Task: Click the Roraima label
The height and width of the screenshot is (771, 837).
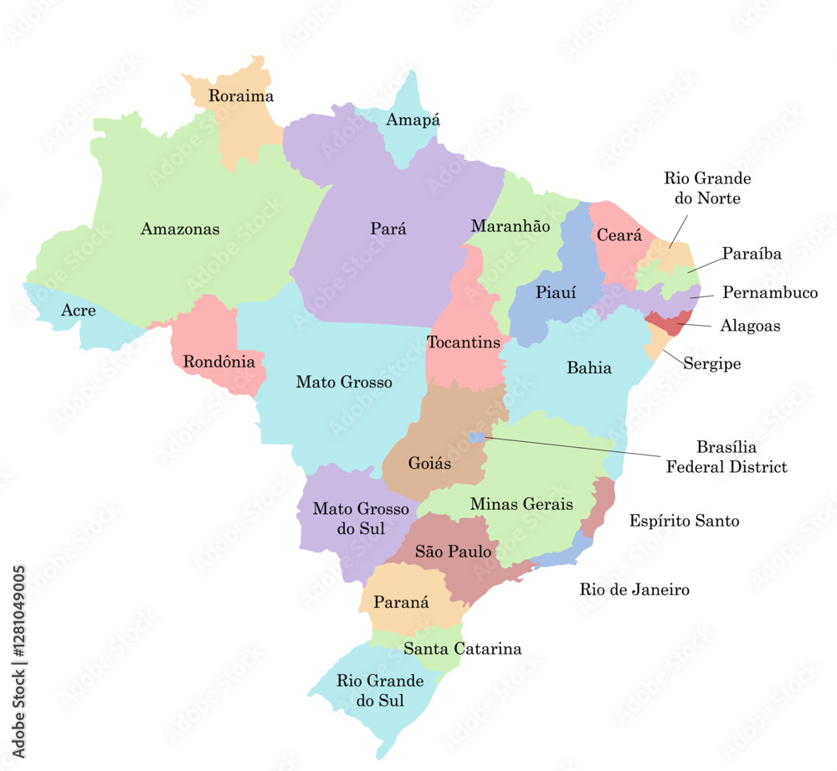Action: (x=241, y=96)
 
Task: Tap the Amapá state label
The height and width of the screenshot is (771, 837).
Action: (x=413, y=121)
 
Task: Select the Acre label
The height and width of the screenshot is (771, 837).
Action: (x=79, y=311)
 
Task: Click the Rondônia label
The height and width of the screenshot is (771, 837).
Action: (x=218, y=362)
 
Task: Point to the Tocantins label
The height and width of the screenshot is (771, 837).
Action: (x=464, y=342)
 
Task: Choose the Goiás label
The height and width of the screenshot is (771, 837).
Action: (x=430, y=463)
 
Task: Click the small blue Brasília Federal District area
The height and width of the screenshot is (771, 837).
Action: (x=476, y=437)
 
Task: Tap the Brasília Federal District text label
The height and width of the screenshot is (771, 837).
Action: (x=727, y=457)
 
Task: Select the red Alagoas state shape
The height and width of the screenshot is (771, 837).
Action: (x=669, y=322)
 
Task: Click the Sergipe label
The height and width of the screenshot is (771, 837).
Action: (x=711, y=364)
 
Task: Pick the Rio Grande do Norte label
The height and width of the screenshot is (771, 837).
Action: (x=707, y=188)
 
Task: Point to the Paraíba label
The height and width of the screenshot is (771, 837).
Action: (x=752, y=254)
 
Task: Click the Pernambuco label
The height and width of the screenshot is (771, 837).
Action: (x=770, y=293)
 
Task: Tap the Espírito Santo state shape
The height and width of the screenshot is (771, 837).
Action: (x=600, y=506)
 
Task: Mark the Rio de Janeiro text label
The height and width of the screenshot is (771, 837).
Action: (x=634, y=590)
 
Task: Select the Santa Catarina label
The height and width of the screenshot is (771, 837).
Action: (x=462, y=649)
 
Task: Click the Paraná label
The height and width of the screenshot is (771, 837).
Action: (x=401, y=602)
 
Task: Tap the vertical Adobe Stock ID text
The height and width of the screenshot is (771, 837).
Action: (x=19, y=661)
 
